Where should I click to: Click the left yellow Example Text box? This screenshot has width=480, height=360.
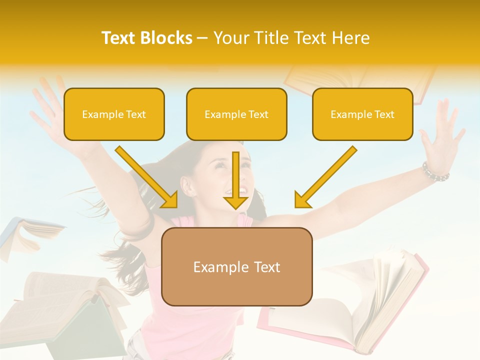pyautogui.click(x=114, y=114)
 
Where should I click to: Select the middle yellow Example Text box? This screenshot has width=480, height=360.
pyautogui.click(x=236, y=114)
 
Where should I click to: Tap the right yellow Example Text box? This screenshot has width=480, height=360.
pyautogui.click(x=362, y=114)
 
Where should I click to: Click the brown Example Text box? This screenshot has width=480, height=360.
pyautogui.click(x=236, y=266)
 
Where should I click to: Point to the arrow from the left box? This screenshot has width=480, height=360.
pyautogui.click(x=147, y=177)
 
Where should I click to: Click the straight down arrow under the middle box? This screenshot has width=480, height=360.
pyautogui.click(x=236, y=182)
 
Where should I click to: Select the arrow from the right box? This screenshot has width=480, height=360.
pyautogui.click(x=325, y=177)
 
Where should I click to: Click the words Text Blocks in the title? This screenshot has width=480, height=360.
pyautogui.click(x=147, y=38)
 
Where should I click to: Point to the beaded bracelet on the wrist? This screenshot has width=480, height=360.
pyautogui.click(x=435, y=173)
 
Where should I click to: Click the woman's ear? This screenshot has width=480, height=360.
pyautogui.click(x=187, y=185)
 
